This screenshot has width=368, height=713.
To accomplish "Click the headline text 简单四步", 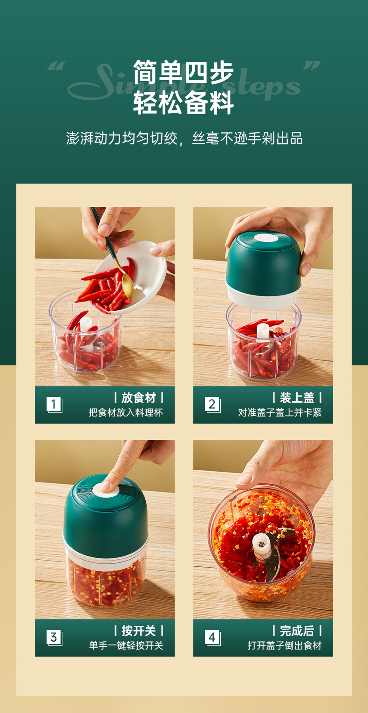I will click(184, 73).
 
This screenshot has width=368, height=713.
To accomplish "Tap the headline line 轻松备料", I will click(184, 103).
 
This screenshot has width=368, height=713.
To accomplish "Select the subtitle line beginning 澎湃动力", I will click(184, 138).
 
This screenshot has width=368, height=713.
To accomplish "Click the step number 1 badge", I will click(54, 404).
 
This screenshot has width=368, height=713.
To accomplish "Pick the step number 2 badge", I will click(212, 404).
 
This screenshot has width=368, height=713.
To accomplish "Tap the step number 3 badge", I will click(54, 637).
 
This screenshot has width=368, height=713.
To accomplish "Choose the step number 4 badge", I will click(212, 637).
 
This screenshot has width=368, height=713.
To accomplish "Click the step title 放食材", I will click(138, 398).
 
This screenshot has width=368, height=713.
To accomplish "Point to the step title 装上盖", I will click(297, 398).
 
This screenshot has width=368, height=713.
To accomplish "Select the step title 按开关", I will click(138, 631).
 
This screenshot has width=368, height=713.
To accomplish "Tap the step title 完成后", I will click(297, 631).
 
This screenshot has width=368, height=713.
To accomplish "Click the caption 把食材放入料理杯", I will click(126, 412).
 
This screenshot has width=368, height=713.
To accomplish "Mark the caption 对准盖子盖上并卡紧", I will click(279, 412).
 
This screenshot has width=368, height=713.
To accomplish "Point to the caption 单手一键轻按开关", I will click(126, 645).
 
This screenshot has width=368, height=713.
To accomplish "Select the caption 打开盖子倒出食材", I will click(284, 645).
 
